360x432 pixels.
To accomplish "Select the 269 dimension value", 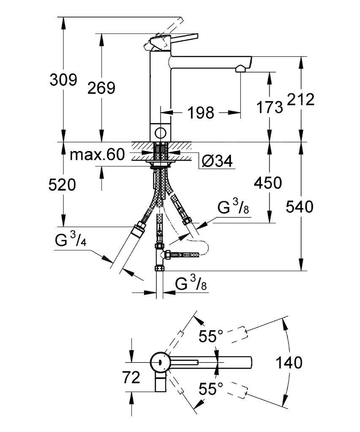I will pos(101,88).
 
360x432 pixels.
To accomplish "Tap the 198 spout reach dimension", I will pos(201,113).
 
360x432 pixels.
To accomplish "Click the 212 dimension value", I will pos(300,100).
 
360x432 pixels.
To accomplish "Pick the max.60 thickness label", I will pos(97,155).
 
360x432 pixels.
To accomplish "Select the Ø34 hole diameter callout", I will pos(217,161).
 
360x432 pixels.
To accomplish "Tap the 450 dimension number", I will pos(267,183).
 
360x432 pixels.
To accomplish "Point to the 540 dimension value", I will pos(300,207).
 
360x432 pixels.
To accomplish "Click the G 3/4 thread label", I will pos(70,241).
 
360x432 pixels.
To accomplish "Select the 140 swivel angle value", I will pos(289,362).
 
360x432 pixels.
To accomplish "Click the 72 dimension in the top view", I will pos(130,377).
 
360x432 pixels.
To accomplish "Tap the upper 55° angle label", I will pos(211,336).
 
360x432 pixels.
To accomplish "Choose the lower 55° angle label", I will pos(211,389).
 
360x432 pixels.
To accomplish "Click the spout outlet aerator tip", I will pos(241,68).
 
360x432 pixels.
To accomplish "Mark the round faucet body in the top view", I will pos(160,362).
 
